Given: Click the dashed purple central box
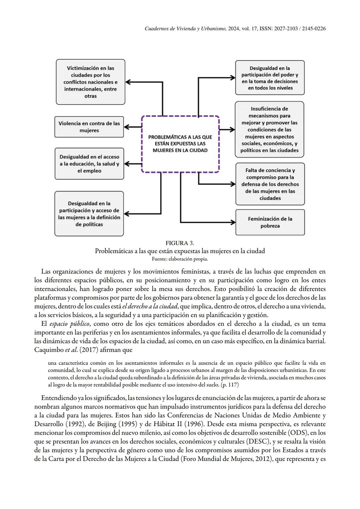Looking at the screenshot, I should (x=180, y=144).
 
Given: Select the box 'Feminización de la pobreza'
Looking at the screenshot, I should (x=270, y=222).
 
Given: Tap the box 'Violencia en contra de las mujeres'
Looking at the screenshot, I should (x=89, y=127).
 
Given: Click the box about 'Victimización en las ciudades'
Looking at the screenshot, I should (x=90, y=82).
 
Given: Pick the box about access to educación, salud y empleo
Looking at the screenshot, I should (x=89, y=164).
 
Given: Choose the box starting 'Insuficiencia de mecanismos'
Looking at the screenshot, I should (x=269, y=129).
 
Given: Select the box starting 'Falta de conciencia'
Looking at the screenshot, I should (x=270, y=184).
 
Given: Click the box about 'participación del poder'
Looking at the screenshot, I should (x=270, y=78).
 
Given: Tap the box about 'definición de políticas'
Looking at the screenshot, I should (x=89, y=214).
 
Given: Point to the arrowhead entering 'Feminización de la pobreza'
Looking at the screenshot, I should (x=233, y=222).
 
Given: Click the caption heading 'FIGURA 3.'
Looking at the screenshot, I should (x=180, y=243).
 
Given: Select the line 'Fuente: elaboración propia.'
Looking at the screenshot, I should (x=180, y=259).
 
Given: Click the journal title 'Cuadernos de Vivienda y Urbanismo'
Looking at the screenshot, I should (x=186, y=29).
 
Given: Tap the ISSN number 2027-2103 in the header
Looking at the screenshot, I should (x=285, y=29).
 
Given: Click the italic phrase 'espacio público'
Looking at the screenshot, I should (x=69, y=324).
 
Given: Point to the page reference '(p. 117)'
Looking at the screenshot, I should (x=230, y=385).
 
